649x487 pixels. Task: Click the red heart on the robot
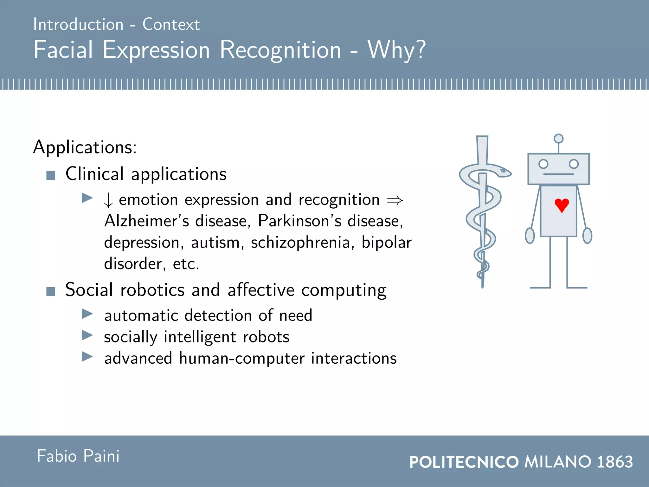coord(562,205)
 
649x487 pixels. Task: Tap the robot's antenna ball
coord(558,139)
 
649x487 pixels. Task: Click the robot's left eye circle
coord(543,164)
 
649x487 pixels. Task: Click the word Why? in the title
coord(396,50)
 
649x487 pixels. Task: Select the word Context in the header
coord(171,24)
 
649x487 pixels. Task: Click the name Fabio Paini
coord(78,456)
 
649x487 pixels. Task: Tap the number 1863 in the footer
coord(615,462)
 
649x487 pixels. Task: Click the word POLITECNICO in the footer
coord(464,462)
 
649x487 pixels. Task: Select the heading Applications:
coord(85,147)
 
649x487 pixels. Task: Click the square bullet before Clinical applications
coord(51,175)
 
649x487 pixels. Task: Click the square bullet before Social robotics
coord(51,291)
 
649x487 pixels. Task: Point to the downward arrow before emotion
coord(108,200)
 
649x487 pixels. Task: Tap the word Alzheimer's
coord(147,221)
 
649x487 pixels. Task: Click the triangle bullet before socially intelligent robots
coord(87,335)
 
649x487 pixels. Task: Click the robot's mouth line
coord(558,174)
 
